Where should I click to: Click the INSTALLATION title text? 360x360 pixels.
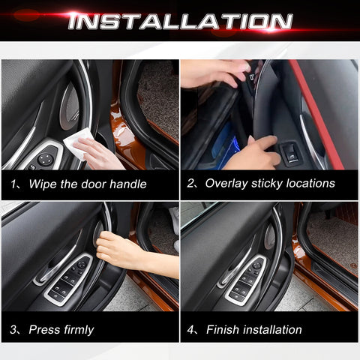click(179, 21)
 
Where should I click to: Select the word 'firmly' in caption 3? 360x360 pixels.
click(77, 329)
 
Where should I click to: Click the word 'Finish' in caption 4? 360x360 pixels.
click(223, 329)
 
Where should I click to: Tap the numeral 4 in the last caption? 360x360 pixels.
click(191, 329)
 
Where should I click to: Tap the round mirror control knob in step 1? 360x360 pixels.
click(46, 159)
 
